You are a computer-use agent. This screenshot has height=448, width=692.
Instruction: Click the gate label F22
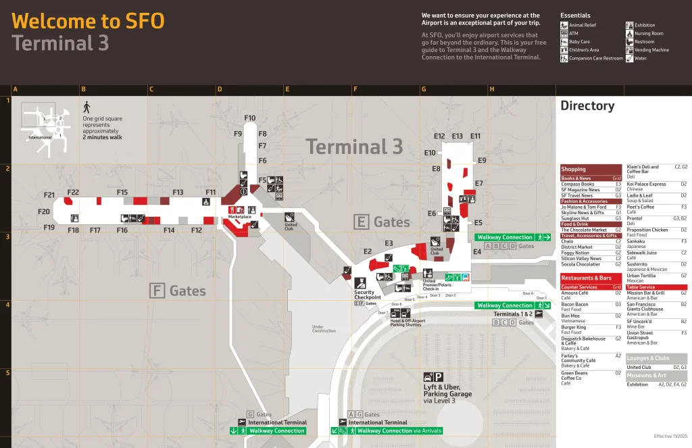[x=73, y=193]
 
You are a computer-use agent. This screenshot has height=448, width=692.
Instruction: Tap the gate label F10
[x=250, y=118]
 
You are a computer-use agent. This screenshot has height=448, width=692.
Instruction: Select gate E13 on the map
[x=458, y=136]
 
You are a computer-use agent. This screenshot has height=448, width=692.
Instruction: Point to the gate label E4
[x=477, y=251]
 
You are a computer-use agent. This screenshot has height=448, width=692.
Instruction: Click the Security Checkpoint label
[x=368, y=295]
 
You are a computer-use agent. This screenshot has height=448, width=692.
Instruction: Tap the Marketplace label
[x=239, y=217]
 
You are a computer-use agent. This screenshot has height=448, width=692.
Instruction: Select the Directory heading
[x=587, y=106]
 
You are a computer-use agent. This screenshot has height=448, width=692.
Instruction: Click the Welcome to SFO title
[x=88, y=21]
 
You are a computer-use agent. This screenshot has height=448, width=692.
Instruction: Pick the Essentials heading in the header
[x=575, y=16]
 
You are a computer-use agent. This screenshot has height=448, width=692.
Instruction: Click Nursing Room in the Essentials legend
[x=648, y=33]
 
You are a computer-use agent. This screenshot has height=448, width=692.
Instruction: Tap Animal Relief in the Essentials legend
[x=583, y=25]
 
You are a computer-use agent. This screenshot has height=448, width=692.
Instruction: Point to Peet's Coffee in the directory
[x=641, y=207]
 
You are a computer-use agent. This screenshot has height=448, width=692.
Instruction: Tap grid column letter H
[x=491, y=89]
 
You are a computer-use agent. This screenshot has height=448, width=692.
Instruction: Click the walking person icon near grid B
[x=86, y=107]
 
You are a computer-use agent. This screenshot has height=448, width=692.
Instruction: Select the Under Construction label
[x=324, y=329]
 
